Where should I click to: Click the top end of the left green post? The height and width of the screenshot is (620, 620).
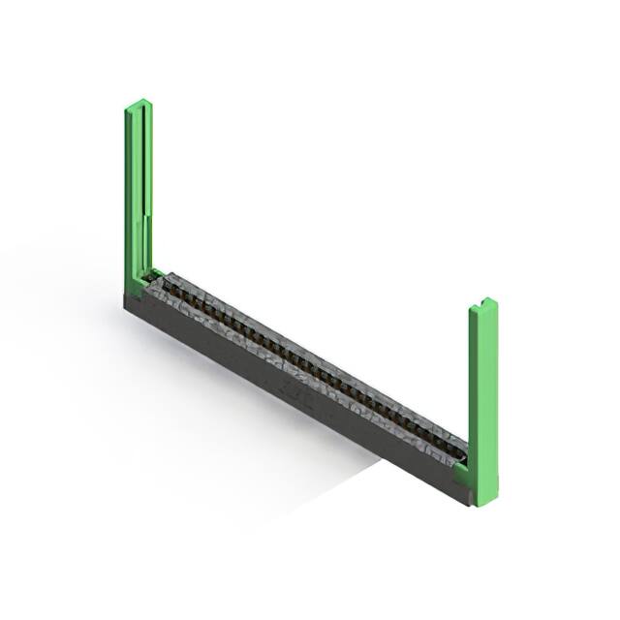139,104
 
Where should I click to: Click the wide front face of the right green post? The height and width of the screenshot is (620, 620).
484,397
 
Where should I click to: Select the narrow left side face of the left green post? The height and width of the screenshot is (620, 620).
128,194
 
